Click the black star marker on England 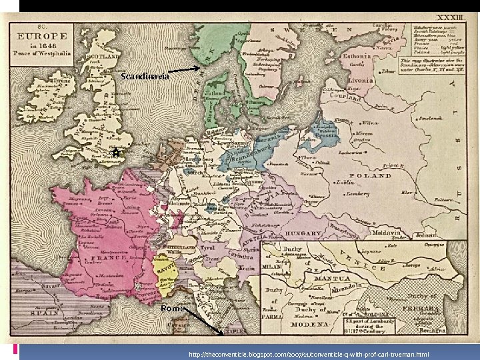115,153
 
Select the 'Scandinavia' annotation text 145,77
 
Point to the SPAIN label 46,313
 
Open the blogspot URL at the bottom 308,354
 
